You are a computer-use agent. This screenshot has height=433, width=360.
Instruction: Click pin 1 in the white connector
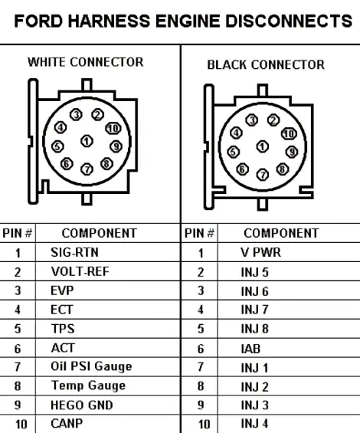click(87, 141)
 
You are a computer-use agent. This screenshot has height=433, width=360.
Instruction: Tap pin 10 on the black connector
click(289, 133)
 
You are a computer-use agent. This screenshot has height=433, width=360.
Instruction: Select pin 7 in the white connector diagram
click(87, 169)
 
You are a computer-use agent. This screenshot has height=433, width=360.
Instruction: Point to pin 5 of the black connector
click(234, 152)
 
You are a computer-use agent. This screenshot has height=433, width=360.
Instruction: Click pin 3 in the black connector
click(252, 120)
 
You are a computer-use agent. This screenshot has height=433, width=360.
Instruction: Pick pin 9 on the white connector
click(116, 146)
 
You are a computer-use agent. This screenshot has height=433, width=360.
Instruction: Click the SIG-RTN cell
click(74, 252)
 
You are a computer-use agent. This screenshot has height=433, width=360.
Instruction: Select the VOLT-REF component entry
click(80, 271)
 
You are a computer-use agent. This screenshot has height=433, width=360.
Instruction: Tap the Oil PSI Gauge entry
click(91, 367)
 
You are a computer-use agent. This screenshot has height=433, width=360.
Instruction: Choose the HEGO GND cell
click(82, 405)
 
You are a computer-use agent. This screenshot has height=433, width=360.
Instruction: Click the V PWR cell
click(261, 252)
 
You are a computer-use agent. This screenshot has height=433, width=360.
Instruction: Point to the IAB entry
click(250, 349)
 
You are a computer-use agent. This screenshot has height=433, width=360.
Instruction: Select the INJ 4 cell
click(254, 423)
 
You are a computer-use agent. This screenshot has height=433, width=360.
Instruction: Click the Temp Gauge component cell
click(88, 385)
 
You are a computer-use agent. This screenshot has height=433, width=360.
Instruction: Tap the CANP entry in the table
click(67, 423)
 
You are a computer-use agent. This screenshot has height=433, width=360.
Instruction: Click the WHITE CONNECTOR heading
click(86, 62)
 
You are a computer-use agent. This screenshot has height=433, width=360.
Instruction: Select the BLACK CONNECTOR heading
click(266, 65)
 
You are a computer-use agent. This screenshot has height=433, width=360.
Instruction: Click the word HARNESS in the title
click(109, 21)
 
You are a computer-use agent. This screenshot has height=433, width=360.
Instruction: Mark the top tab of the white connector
click(87, 85)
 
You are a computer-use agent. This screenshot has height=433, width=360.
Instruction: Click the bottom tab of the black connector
click(263, 205)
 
